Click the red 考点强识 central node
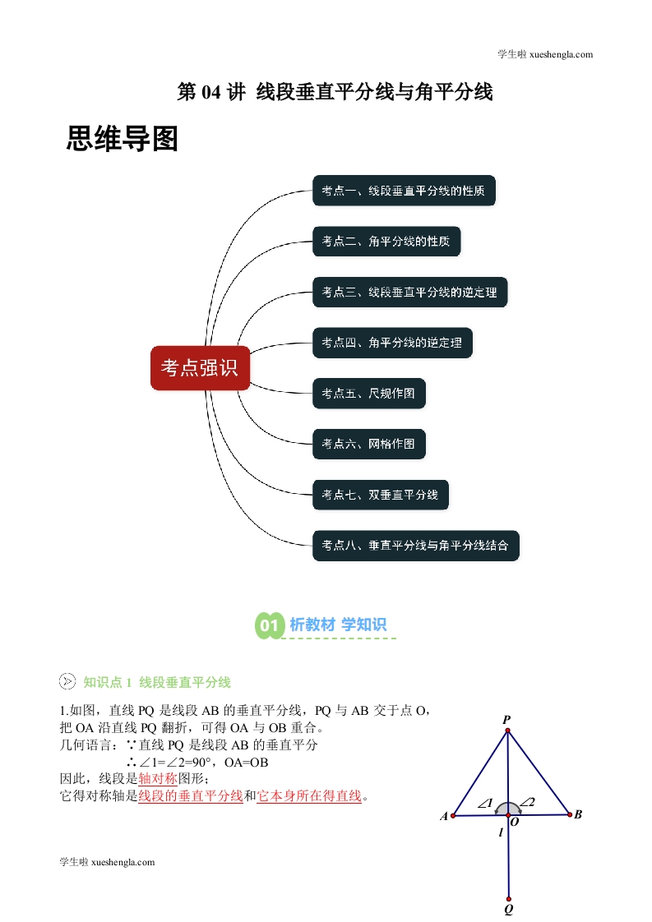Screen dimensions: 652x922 (x=200, y=368)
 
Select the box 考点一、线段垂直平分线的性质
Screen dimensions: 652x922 (x=404, y=191)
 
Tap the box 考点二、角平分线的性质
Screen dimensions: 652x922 (x=386, y=241)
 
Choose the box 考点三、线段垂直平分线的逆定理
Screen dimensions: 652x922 (x=409, y=293)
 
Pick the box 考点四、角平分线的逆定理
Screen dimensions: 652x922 (x=392, y=343)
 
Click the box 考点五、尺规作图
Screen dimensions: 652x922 (x=368, y=394)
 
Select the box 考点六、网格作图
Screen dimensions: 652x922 (x=368, y=444)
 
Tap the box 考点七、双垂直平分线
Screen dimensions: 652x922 (x=380, y=495)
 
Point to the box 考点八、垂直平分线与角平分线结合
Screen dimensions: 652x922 (x=415, y=546)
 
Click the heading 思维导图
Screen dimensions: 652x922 (x=122, y=139)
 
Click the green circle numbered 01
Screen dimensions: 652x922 (x=270, y=625)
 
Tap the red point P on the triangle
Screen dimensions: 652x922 (x=508, y=731)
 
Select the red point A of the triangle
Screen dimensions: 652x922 (x=453, y=815)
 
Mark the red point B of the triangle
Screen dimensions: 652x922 (x=570, y=814)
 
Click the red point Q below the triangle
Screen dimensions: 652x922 (x=509, y=899)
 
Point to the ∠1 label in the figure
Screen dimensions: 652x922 (x=485, y=803)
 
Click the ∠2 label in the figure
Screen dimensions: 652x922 (x=527, y=801)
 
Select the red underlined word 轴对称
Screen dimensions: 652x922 (x=158, y=778)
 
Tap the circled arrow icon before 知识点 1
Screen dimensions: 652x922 (x=67, y=681)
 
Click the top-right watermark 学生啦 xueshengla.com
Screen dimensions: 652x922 (x=545, y=55)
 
